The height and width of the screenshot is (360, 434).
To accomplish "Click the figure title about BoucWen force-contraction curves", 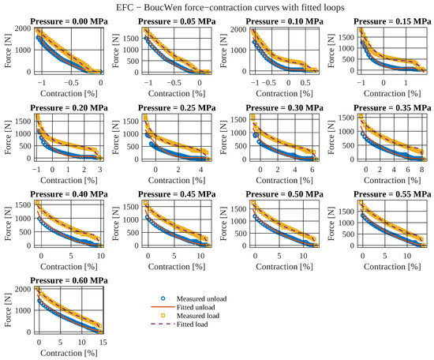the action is tap(230, 7).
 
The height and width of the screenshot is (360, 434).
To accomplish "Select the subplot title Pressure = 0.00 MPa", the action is tap(69, 21).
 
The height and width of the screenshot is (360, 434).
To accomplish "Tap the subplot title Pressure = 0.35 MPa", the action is tap(392, 107).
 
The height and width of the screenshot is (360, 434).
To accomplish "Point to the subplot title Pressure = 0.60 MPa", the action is tap(69, 280).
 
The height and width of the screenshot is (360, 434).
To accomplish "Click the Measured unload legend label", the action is tap(201, 298).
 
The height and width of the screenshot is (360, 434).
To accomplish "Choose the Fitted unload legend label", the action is tap(196, 307).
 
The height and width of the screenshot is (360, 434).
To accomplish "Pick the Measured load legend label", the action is tap(198, 316).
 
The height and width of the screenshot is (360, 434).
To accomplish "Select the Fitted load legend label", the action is tap(192, 324).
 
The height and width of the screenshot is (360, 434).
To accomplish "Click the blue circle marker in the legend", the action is tap(163, 298).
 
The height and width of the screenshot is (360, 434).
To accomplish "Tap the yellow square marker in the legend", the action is tap(163, 316).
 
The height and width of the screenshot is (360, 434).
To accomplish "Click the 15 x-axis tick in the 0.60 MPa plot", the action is tap(103, 343).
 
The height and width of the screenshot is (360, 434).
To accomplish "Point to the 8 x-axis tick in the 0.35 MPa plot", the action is tap(421, 170).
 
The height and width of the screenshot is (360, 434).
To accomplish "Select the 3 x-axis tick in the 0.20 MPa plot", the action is tap(100, 170).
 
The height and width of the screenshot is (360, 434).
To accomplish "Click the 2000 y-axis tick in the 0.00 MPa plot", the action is tap(23, 28).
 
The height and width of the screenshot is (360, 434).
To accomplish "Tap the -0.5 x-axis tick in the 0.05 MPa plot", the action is tap(174, 83).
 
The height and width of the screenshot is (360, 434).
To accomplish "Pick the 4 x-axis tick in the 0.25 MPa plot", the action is tap(201, 170).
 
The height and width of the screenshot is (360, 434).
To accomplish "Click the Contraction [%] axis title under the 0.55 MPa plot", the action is tap(392, 266).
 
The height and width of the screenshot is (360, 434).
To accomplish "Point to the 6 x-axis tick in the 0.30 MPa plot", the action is tap(312, 170).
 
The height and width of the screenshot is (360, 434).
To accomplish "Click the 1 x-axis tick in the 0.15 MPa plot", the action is tap(406, 83).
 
